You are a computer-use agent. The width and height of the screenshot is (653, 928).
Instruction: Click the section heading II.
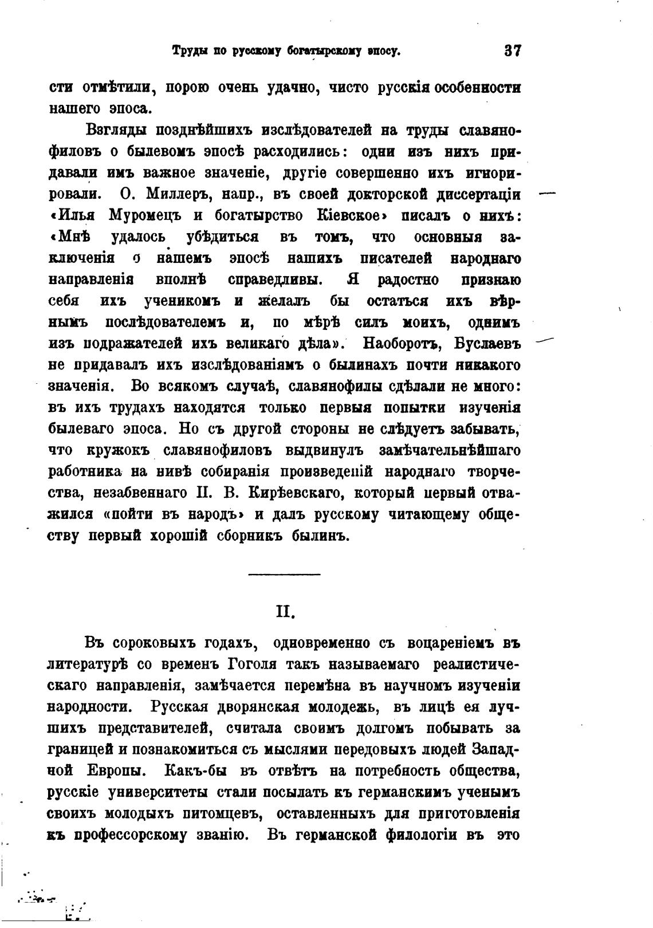[285, 612]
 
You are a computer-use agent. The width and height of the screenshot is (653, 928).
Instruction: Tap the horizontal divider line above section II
[285, 573]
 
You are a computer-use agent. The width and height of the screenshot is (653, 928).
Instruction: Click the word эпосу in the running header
[384, 51]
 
